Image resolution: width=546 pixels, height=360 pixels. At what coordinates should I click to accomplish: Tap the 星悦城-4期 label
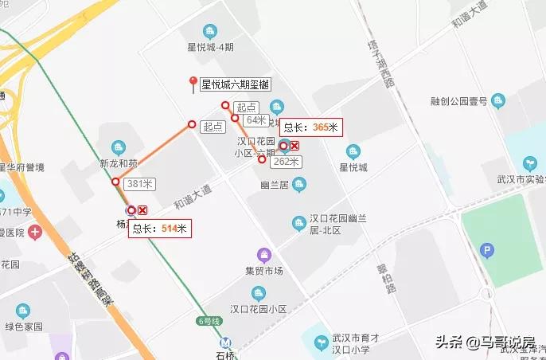210,47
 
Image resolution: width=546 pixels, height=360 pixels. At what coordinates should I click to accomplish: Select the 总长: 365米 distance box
311,127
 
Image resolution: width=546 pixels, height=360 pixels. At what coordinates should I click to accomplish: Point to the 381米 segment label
139,184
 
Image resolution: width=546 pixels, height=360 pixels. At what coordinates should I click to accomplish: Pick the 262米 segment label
286,162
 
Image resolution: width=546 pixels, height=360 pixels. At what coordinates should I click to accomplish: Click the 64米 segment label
255,120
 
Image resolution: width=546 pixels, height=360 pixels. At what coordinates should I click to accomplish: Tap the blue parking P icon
487,251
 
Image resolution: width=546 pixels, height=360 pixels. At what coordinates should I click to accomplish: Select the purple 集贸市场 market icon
263,255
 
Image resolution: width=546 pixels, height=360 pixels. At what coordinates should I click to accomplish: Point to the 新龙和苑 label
119,164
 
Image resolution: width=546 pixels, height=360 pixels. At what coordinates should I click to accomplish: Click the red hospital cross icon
34,233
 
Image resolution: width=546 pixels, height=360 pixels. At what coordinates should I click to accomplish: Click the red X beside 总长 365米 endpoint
294,145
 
